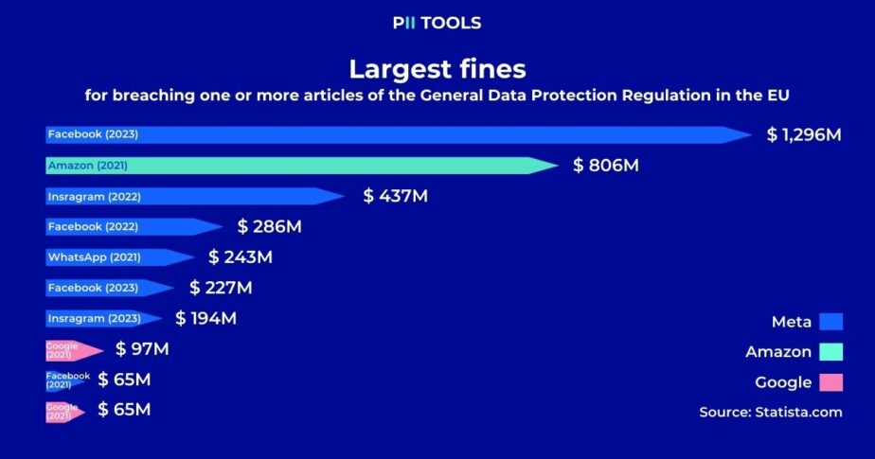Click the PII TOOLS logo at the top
tap(437, 23)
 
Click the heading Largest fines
tap(437, 69)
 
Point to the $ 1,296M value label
tap(804, 135)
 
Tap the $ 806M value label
tap(606, 166)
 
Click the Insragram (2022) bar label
tap(93, 197)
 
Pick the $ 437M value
tap(396, 197)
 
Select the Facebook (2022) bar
tap(123, 227)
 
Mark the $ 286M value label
tap(270, 227)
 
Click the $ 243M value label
tap(241, 257)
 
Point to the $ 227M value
tap(221, 288)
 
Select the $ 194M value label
tap(205, 318)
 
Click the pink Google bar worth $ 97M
tap(71, 349)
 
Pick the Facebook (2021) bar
tap(66, 380)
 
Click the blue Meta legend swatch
tap(831, 322)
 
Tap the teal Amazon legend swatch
tap(831, 352)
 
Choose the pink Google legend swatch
tap(831, 382)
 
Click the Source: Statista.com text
tap(770, 413)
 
